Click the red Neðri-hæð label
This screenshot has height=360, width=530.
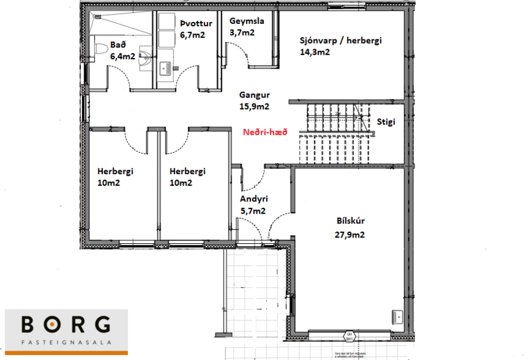(x=264, y=132)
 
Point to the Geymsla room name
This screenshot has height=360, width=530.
(x=246, y=21)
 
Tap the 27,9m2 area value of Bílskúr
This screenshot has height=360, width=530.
(x=353, y=235)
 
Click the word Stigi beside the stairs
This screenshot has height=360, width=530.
(x=386, y=123)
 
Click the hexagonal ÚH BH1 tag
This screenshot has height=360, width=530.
(x=349, y=336)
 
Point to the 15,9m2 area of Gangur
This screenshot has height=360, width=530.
(x=255, y=106)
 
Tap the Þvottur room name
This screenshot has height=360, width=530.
(x=196, y=24)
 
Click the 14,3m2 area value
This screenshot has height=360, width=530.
(x=315, y=52)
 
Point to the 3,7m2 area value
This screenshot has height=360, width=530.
(x=242, y=33)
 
